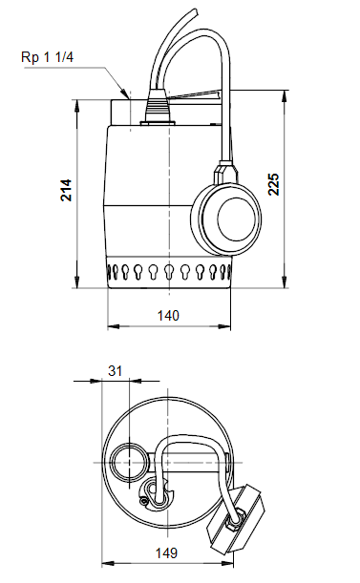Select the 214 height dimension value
coord(66,190)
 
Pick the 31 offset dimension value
coord(115,369)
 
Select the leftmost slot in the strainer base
coord(121,273)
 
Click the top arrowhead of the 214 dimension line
coord(77,101)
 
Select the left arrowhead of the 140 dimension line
coord(111,325)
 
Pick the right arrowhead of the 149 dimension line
coord(262,564)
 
